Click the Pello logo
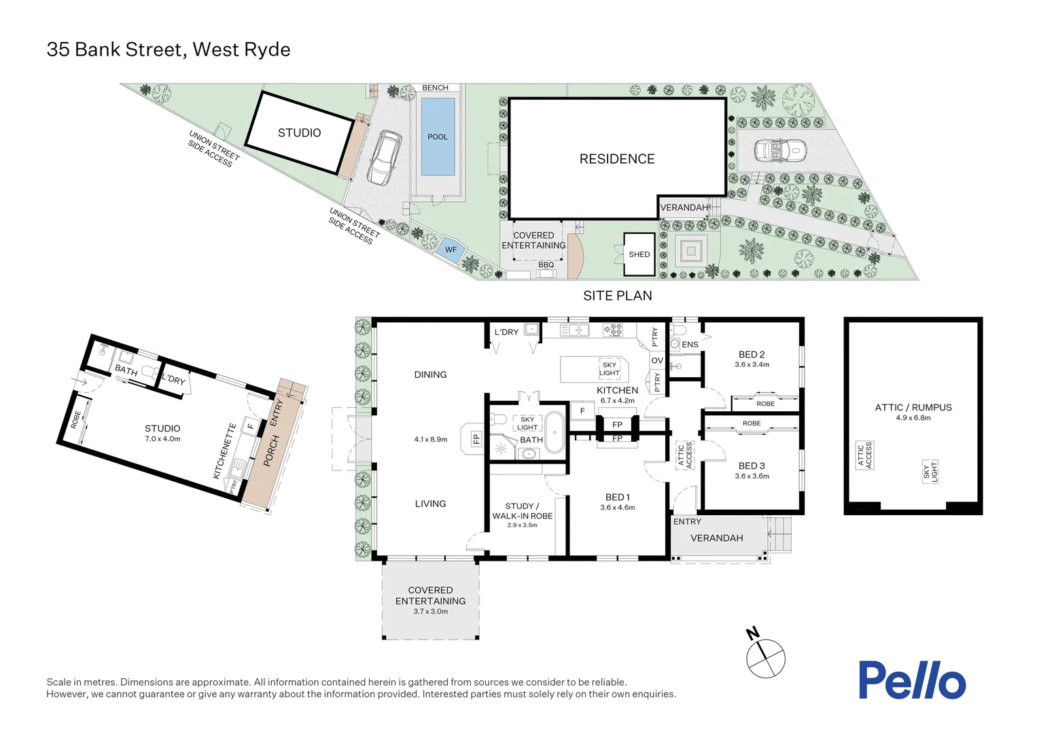[911, 680]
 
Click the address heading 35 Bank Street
[168, 50]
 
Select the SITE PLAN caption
[617, 296]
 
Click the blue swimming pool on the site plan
[438, 137]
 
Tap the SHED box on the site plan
[639, 254]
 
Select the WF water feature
[451, 250]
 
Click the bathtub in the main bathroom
[555, 432]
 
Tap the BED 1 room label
[617, 497]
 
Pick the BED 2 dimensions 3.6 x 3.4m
[752, 365]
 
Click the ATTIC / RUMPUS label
[913, 407]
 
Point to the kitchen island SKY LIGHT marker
[609, 369]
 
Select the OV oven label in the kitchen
[656, 361]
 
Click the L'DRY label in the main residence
[506, 332]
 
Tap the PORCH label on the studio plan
[271, 451]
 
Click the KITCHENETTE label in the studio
[225, 451]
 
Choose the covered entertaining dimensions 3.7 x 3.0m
[430, 612]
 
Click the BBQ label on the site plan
[546, 265]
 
